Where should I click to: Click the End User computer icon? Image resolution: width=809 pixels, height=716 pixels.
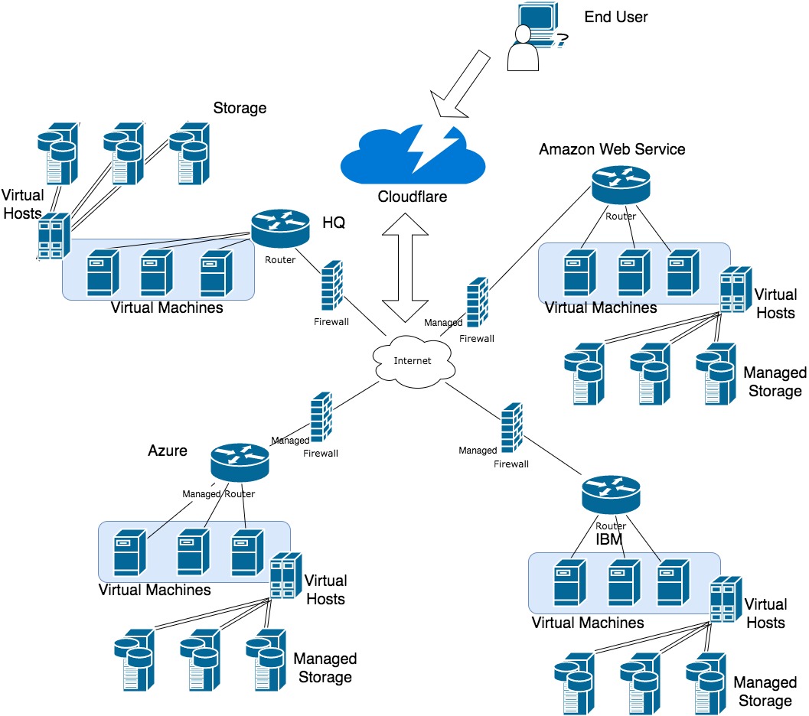(537, 38)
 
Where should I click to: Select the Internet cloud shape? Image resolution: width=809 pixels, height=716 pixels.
(413, 360)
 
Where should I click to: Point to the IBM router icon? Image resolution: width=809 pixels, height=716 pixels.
(611, 495)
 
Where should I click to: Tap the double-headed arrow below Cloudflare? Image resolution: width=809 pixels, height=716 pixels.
(406, 268)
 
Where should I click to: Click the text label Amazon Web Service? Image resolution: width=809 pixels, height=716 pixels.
(612, 149)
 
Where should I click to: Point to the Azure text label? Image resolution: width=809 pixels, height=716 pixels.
(168, 451)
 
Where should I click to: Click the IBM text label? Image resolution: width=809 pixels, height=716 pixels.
(609, 540)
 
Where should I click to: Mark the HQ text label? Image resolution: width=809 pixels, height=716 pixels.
(334, 223)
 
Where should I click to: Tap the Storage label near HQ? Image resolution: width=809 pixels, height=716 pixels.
(240, 108)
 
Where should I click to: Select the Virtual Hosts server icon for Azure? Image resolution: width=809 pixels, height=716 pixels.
(284, 576)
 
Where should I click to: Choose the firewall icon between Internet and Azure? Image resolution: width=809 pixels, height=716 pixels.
(321, 418)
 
